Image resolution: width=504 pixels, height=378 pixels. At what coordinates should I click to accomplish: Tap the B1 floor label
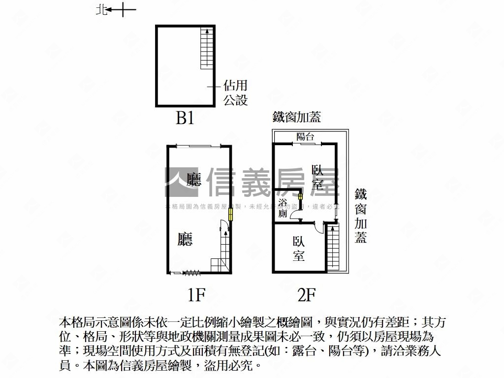(x=186, y=118)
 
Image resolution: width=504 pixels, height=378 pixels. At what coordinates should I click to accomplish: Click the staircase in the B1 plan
(x=207, y=48)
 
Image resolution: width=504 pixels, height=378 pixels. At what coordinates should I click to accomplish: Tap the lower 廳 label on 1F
(x=185, y=239)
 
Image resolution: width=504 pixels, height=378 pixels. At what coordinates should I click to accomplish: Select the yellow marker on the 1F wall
(x=230, y=215)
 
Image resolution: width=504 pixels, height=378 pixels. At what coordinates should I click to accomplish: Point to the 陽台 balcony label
(x=305, y=137)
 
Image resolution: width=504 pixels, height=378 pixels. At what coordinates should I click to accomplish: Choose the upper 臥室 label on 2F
(x=318, y=177)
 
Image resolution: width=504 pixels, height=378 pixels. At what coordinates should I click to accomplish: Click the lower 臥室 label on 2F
(x=299, y=249)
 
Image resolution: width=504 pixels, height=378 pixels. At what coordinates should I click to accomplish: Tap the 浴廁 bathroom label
(x=283, y=209)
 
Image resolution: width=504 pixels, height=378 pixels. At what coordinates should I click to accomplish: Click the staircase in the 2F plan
(x=333, y=249)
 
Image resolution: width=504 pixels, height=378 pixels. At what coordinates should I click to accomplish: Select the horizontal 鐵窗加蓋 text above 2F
(x=297, y=117)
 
